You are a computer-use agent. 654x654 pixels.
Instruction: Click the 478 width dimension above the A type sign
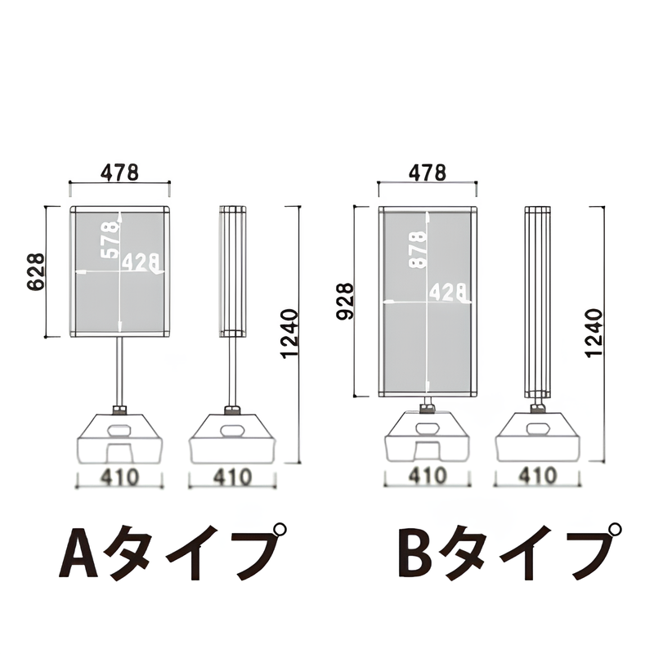[120, 172]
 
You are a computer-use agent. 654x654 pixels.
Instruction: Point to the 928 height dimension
[344, 302]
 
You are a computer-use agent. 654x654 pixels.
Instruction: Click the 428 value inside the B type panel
[447, 292]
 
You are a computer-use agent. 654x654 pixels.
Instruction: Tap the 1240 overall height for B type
[594, 333]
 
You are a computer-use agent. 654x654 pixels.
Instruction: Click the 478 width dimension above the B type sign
[427, 172]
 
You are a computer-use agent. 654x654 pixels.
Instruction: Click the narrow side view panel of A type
[233, 271]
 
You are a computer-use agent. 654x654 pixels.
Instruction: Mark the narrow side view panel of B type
[538, 302]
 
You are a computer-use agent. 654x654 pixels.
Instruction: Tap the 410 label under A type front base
[120, 476]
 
